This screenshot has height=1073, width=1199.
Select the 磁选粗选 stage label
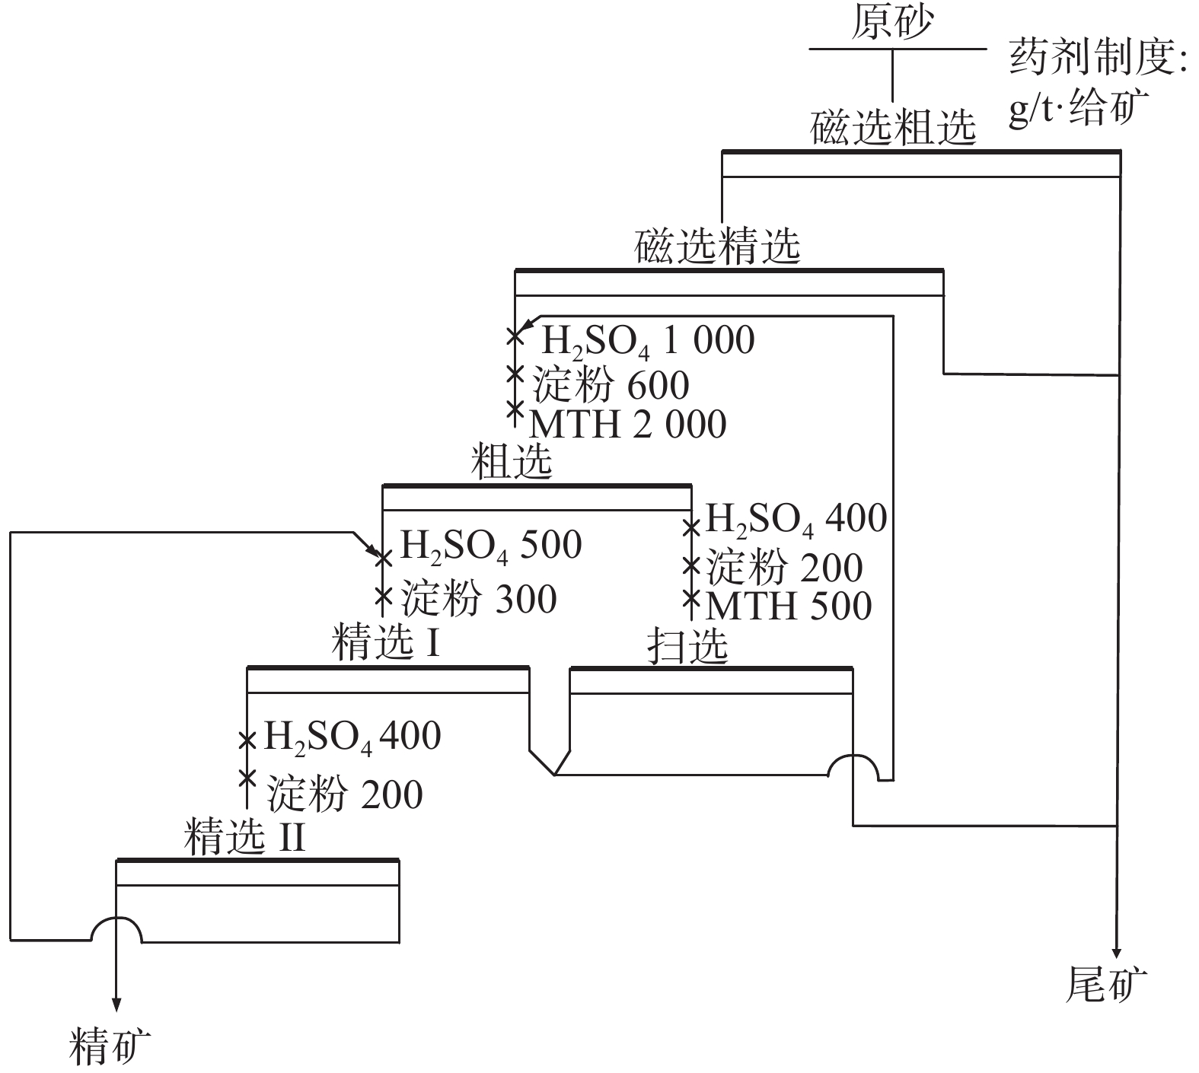pos(892,126)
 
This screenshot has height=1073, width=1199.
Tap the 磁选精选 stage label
pos(717,246)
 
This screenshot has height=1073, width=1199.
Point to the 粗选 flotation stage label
pos(511,461)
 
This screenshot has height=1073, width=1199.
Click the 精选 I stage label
pos(386,643)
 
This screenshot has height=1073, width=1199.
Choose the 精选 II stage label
pos(244,837)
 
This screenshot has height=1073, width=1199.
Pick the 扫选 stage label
pos(687,646)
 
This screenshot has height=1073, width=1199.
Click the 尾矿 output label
pos(1105,985)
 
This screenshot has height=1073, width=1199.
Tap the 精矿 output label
pos(110,1046)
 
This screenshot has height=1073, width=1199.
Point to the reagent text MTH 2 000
pos(628,424)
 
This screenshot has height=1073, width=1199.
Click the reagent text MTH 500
pos(789,606)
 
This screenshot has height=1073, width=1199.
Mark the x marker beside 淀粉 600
pos(515,374)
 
